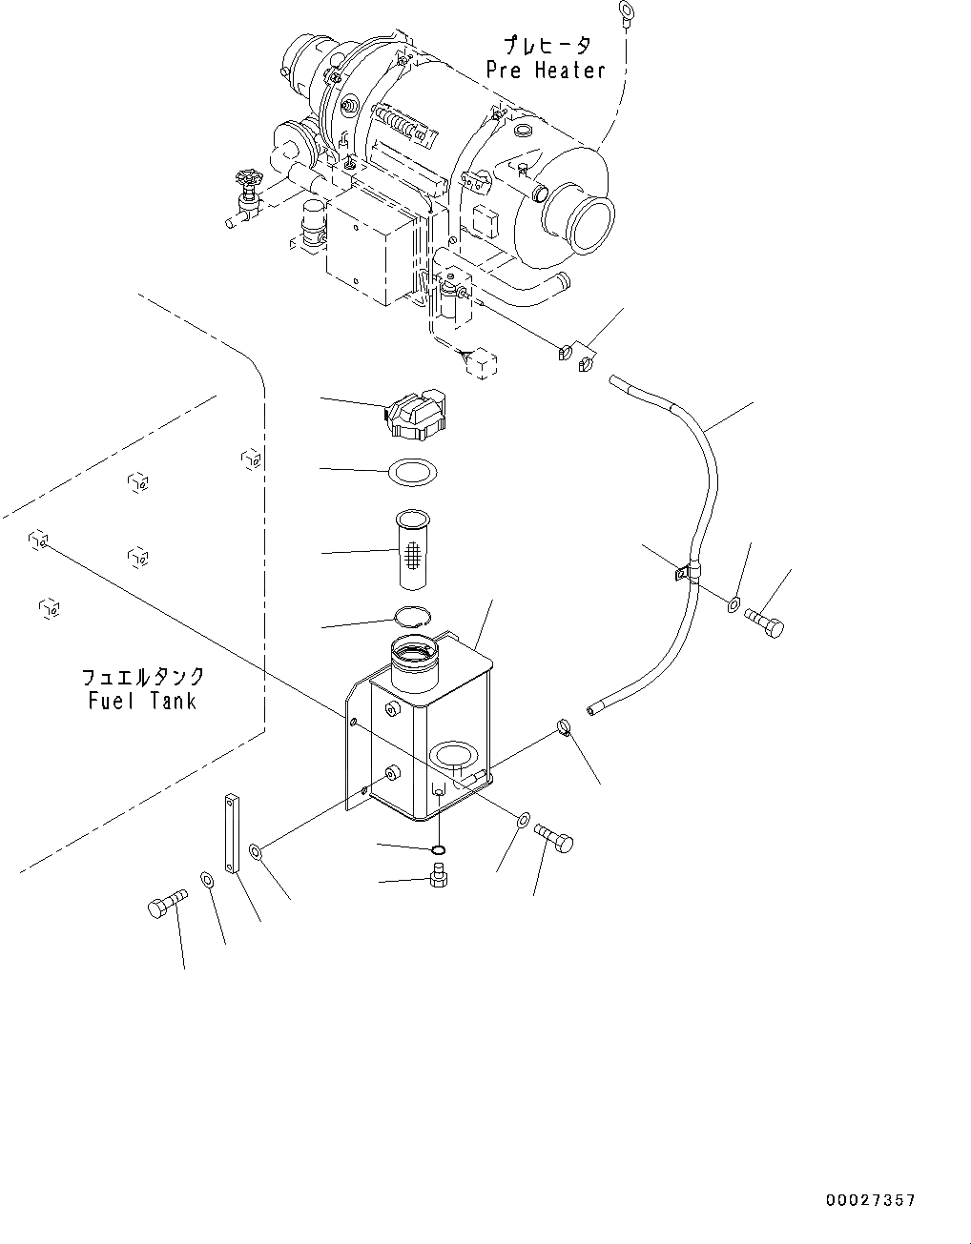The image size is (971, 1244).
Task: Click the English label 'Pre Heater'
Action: pyautogui.click(x=545, y=71)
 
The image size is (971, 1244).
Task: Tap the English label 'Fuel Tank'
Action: pyautogui.click(x=138, y=701)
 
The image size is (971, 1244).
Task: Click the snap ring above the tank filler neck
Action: pyautogui.click(x=413, y=618)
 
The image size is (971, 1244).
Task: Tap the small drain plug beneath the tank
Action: pyautogui.click(x=439, y=875)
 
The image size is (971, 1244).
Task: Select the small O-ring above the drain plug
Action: pyautogui.click(x=438, y=849)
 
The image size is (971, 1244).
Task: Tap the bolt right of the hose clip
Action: pyautogui.click(x=766, y=625)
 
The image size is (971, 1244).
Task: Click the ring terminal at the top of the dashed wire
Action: pyautogui.click(x=627, y=11)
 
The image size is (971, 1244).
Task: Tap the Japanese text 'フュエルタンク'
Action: pyautogui.click(x=142, y=677)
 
